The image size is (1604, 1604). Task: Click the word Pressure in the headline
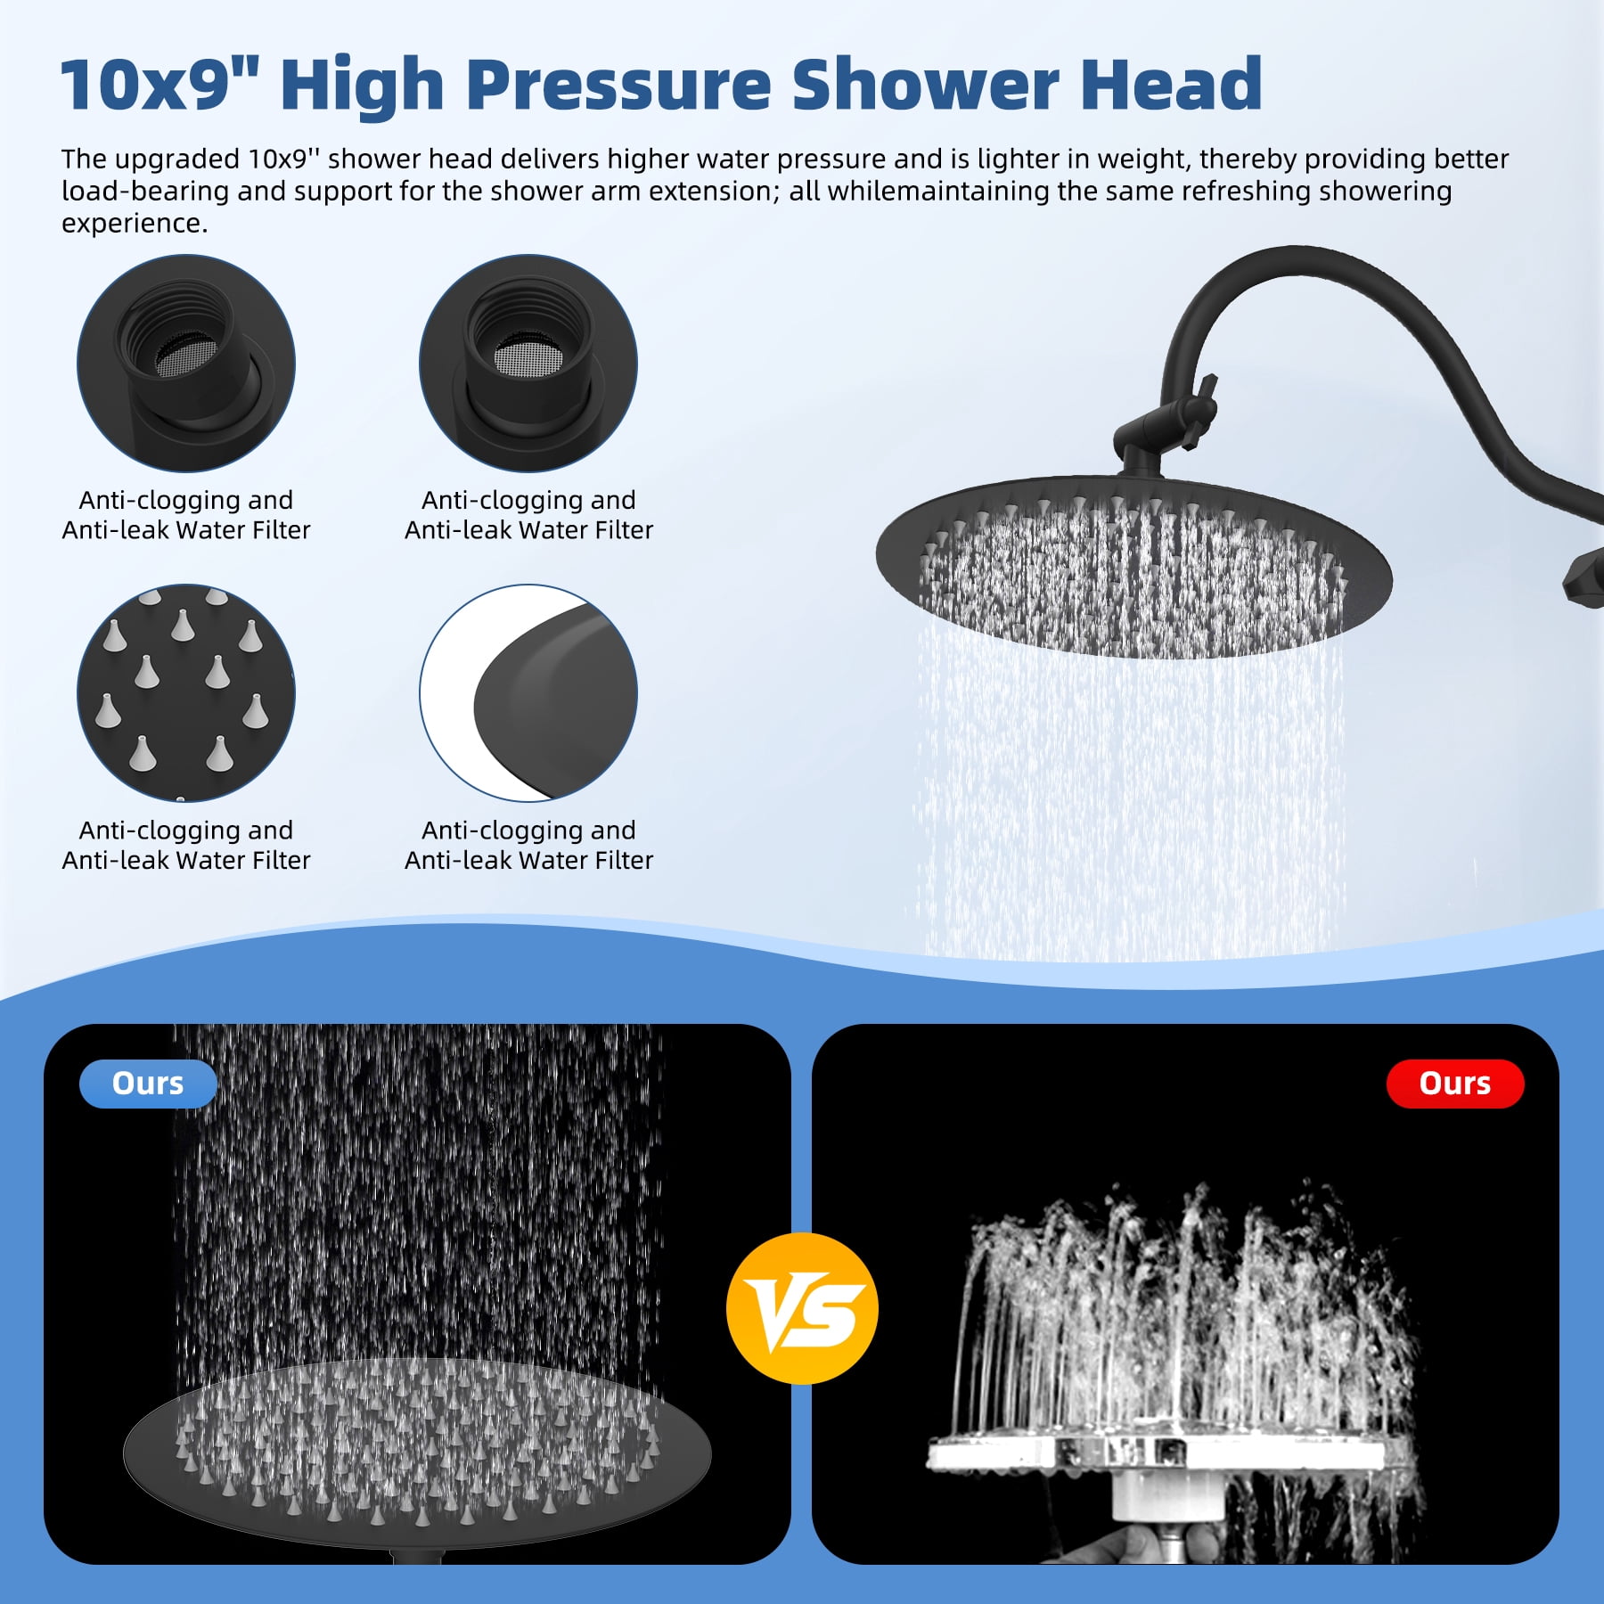click(x=618, y=85)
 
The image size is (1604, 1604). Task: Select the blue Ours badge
click(x=148, y=1084)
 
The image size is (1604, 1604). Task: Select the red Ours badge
click(x=1455, y=1084)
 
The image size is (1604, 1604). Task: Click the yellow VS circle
click(x=802, y=1308)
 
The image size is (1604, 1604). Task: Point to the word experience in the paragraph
click(x=134, y=224)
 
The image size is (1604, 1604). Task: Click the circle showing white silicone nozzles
click(x=186, y=693)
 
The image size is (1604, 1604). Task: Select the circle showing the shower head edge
click(x=528, y=693)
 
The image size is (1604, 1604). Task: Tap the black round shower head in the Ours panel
click(x=417, y=1453)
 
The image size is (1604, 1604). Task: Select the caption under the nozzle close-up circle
click(x=186, y=845)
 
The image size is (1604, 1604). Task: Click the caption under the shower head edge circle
click(x=528, y=845)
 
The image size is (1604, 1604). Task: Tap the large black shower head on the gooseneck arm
click(x=1133, y=567)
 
